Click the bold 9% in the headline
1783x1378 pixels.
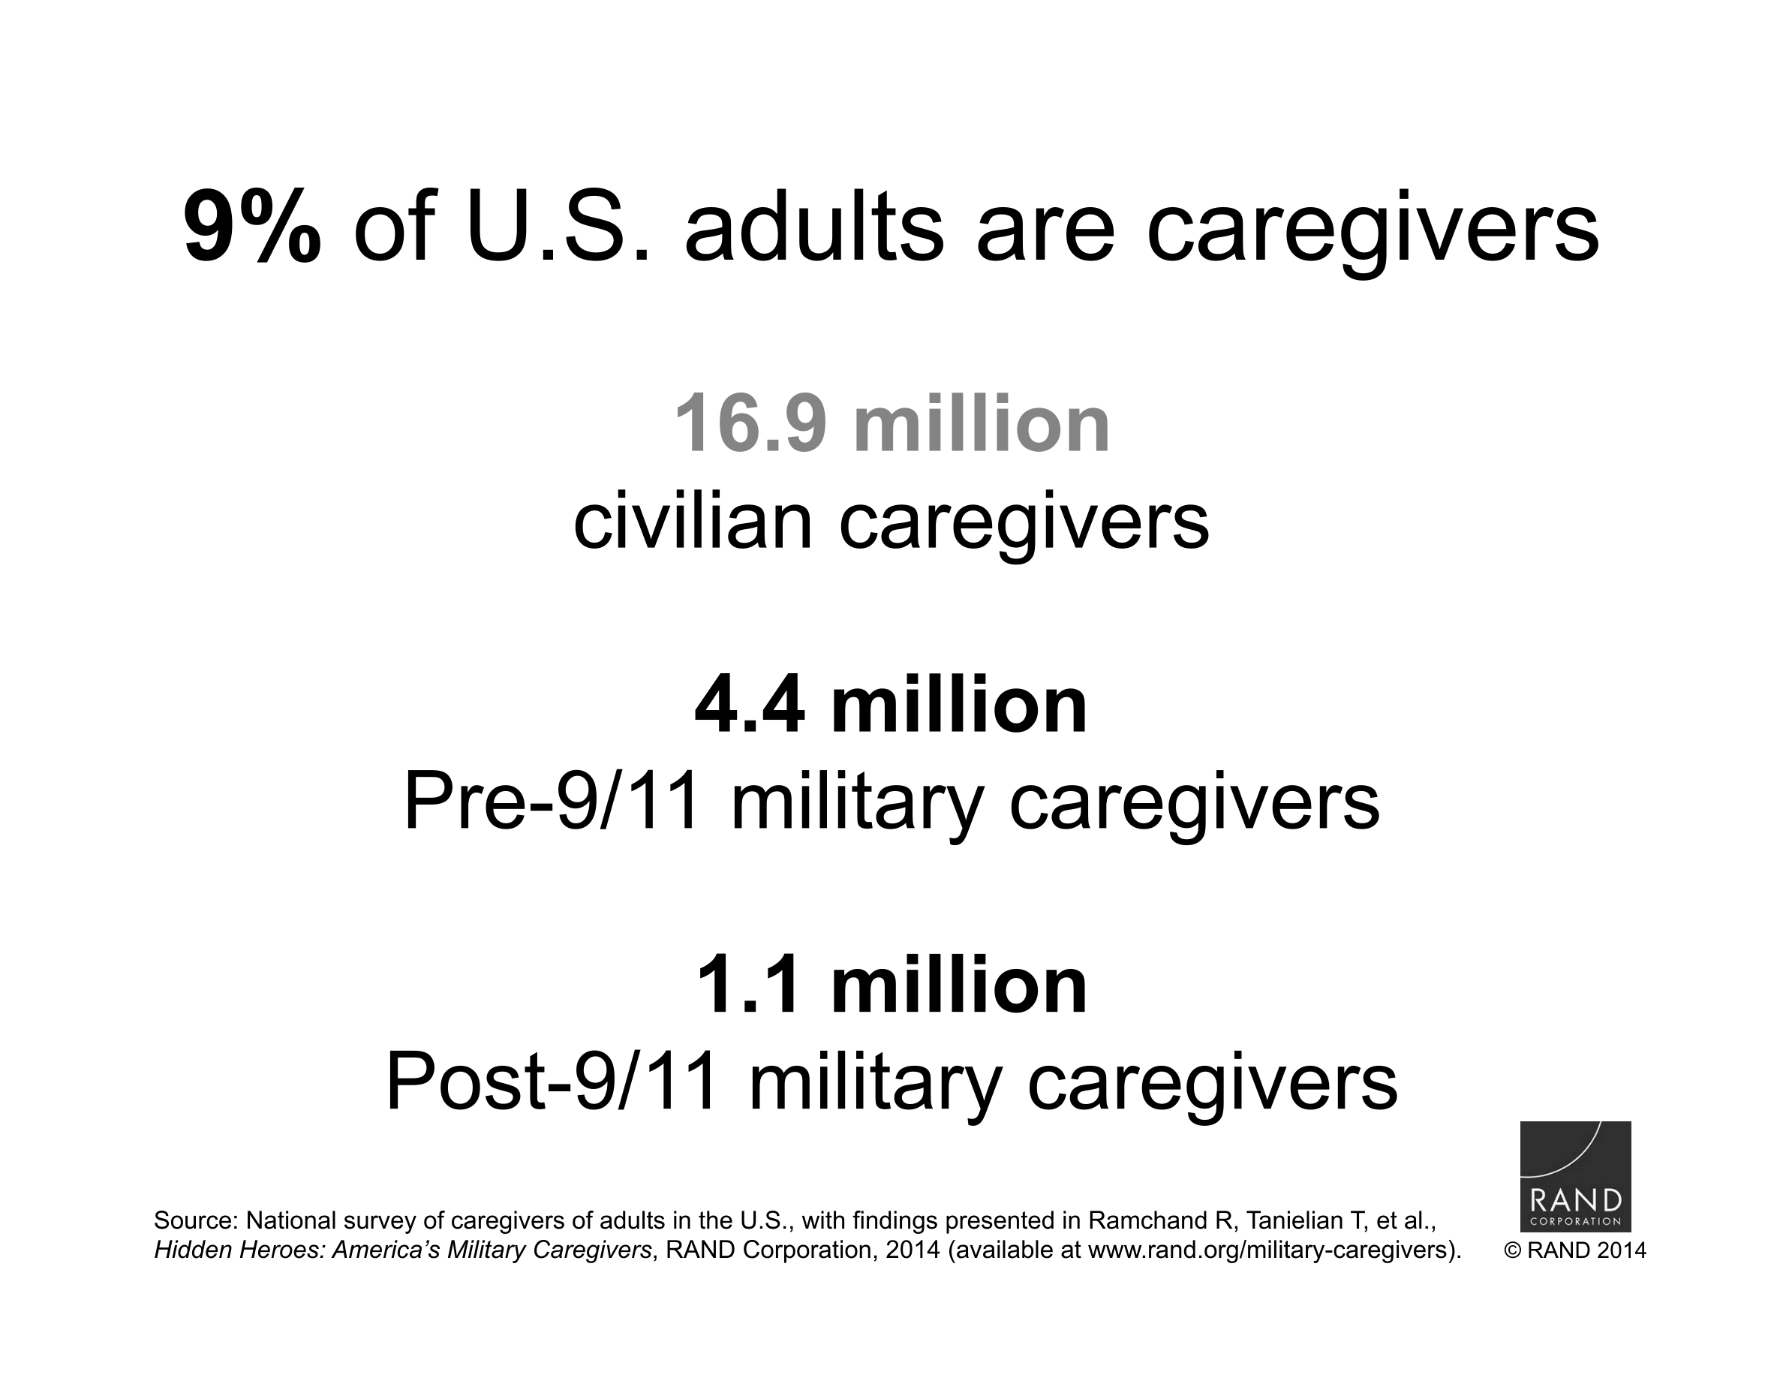pyautogui.click(x=252, y=226)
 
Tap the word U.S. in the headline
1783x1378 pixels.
pyautogui.click(x=559, y=226)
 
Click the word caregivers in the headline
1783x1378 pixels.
pyautogui.click(x=1373, y=233)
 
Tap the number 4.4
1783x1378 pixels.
pyautogui.click(x=750, y=704)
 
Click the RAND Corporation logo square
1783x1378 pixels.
pyautogui.click(x=1575, y=1175)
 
